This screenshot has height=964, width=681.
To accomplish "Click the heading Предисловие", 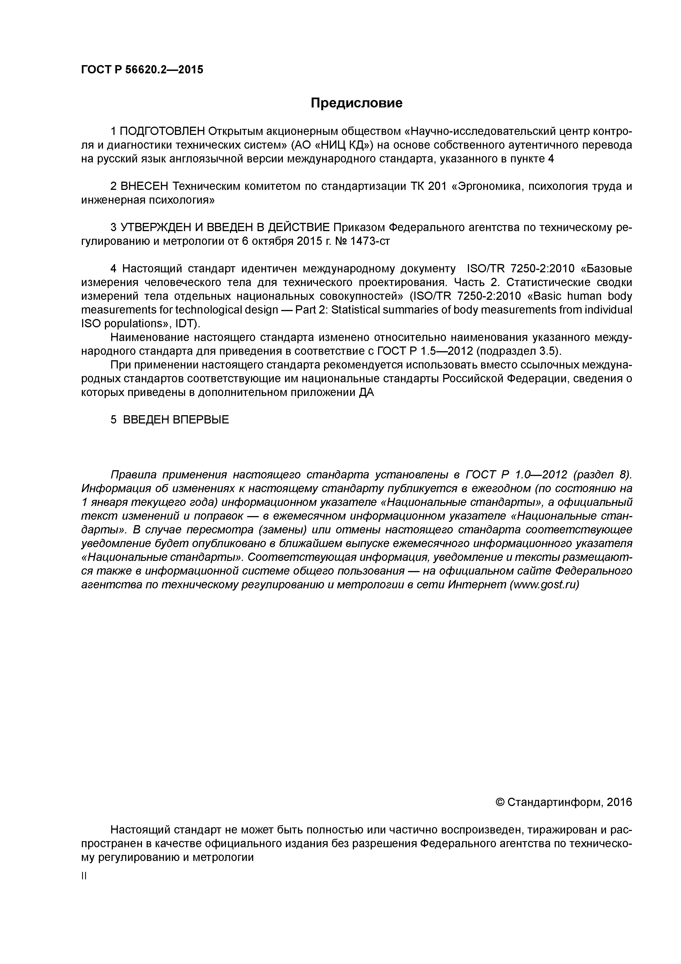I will point(356,103).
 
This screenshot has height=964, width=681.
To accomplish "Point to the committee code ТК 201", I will point(429,186).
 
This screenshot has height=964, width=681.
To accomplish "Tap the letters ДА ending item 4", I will point(366,393).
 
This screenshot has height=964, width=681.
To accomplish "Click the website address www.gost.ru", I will point(544,585).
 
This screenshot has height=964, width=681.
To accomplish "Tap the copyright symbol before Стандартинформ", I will point(500,802).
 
